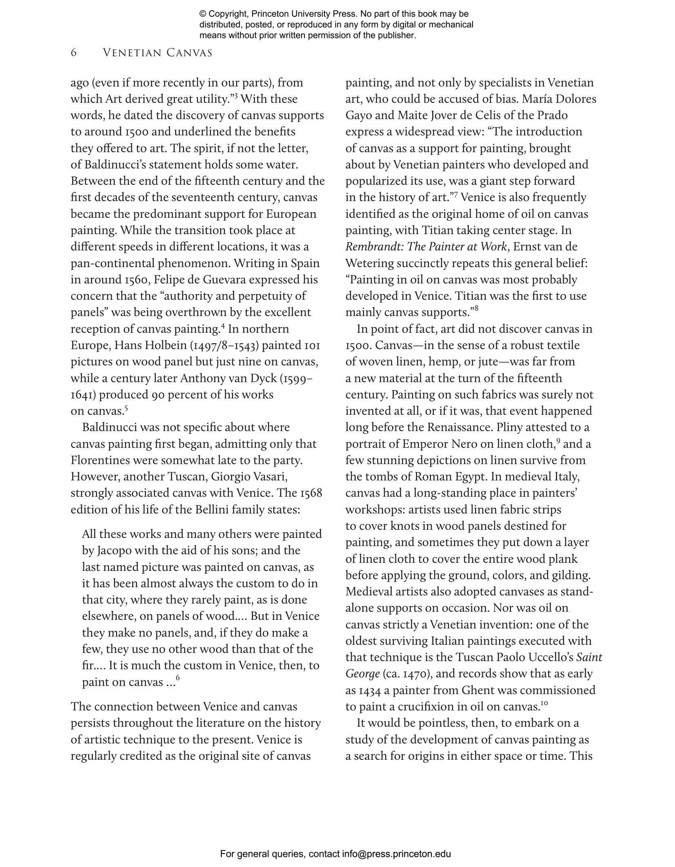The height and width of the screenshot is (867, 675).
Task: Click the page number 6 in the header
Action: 73,53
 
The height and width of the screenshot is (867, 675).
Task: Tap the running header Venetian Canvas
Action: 158,53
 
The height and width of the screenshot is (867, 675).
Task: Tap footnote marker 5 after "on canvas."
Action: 127,407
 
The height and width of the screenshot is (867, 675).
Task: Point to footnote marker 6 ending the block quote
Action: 178,678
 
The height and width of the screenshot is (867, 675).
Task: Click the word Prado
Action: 552,115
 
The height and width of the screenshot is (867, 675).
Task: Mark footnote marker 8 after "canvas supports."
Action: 476,309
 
